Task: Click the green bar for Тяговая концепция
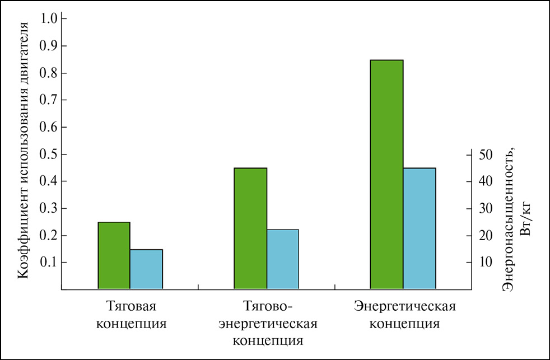pos(114,255)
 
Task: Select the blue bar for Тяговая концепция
pos(146,269)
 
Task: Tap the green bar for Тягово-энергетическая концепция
pos(250,228)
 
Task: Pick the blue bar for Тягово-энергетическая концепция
pos(282,259)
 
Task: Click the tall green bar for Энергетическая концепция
pos(386,174)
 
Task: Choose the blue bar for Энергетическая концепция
pos(419,228)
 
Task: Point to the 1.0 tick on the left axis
pos(50,18)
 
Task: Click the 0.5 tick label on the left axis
pos(50,154)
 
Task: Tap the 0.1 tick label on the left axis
pos(50,263)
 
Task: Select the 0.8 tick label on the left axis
pos(50,73)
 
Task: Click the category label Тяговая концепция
pos(130,315)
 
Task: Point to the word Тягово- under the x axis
pos(268,307)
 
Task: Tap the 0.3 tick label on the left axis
pos(50,208)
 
